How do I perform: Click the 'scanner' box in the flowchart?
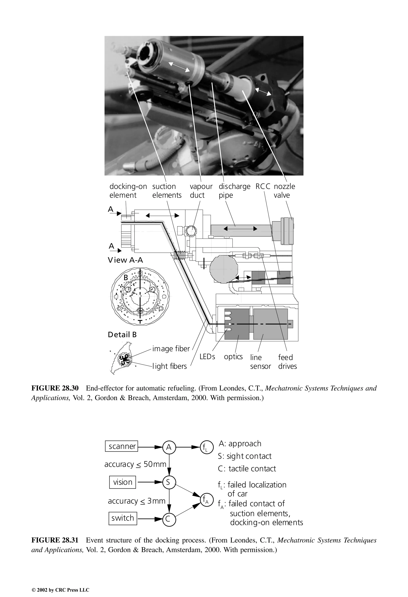pos(122,446)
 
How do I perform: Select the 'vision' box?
pos(123,482)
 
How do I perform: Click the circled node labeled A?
pos(169,447)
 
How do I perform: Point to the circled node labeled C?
pos(169,519)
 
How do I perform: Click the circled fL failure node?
pos(207,447)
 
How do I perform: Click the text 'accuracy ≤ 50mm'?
pos(135,464)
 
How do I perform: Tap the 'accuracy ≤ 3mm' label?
pos(136,501)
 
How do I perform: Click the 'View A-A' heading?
pos(125,260)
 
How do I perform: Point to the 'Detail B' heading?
pos(122,335)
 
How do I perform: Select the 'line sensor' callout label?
pos(260,362)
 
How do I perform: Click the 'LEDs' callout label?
pos(207,357)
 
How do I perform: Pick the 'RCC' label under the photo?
pos(263,187)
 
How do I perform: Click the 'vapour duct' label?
pos(201,191)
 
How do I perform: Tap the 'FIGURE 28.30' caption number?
pos(55,388)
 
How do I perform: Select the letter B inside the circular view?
pos(126,277)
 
